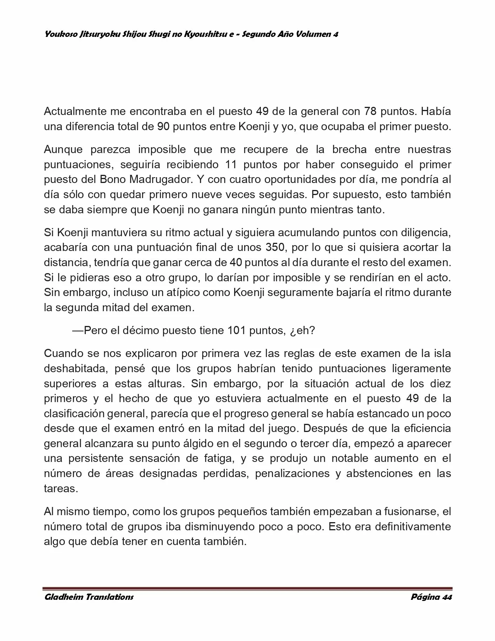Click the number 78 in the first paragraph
pos(370,111)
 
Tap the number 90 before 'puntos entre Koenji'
pos(163,127)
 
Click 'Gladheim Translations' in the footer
pos(89,597)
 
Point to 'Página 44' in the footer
pos(431,597)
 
